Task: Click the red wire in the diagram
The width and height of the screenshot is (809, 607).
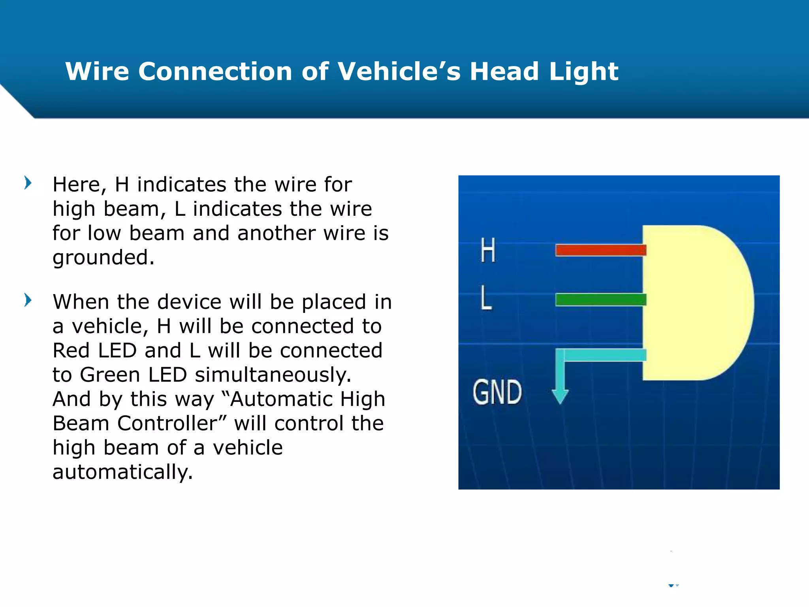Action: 600,250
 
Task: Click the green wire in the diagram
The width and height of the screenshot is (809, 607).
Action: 600,300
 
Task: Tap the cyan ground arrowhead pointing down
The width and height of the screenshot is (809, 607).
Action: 560,396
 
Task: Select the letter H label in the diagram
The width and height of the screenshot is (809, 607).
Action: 488,250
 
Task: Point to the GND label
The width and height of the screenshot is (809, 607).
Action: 497,392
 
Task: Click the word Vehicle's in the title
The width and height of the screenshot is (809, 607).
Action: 399,72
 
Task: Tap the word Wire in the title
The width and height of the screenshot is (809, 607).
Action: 97,72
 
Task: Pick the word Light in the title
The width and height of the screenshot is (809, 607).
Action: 583,72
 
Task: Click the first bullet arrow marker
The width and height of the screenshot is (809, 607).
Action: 28,183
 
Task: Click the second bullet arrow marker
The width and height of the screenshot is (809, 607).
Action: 28,300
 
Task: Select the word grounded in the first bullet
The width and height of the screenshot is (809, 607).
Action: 103,258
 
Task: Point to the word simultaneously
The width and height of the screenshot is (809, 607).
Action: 273,375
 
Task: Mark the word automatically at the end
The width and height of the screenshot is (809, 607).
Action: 122,472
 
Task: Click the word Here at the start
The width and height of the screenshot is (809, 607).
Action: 79,185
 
